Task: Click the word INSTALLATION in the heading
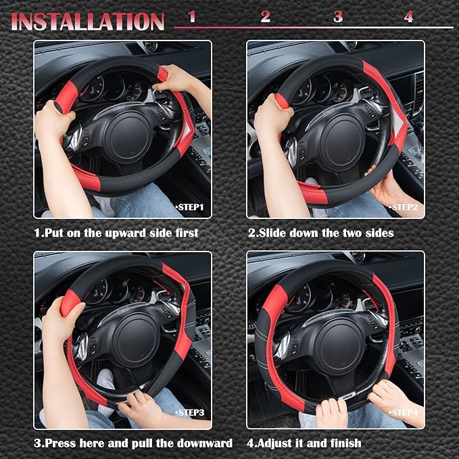click(88, 20)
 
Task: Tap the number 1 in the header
click(192, 17)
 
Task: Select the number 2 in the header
click(265, 17)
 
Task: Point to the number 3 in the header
click(337, 17)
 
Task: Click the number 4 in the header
click(408, 17)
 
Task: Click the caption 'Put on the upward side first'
click(116, 233)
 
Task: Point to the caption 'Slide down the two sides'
click(320, 233)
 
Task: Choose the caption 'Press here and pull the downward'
click(133, 443)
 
